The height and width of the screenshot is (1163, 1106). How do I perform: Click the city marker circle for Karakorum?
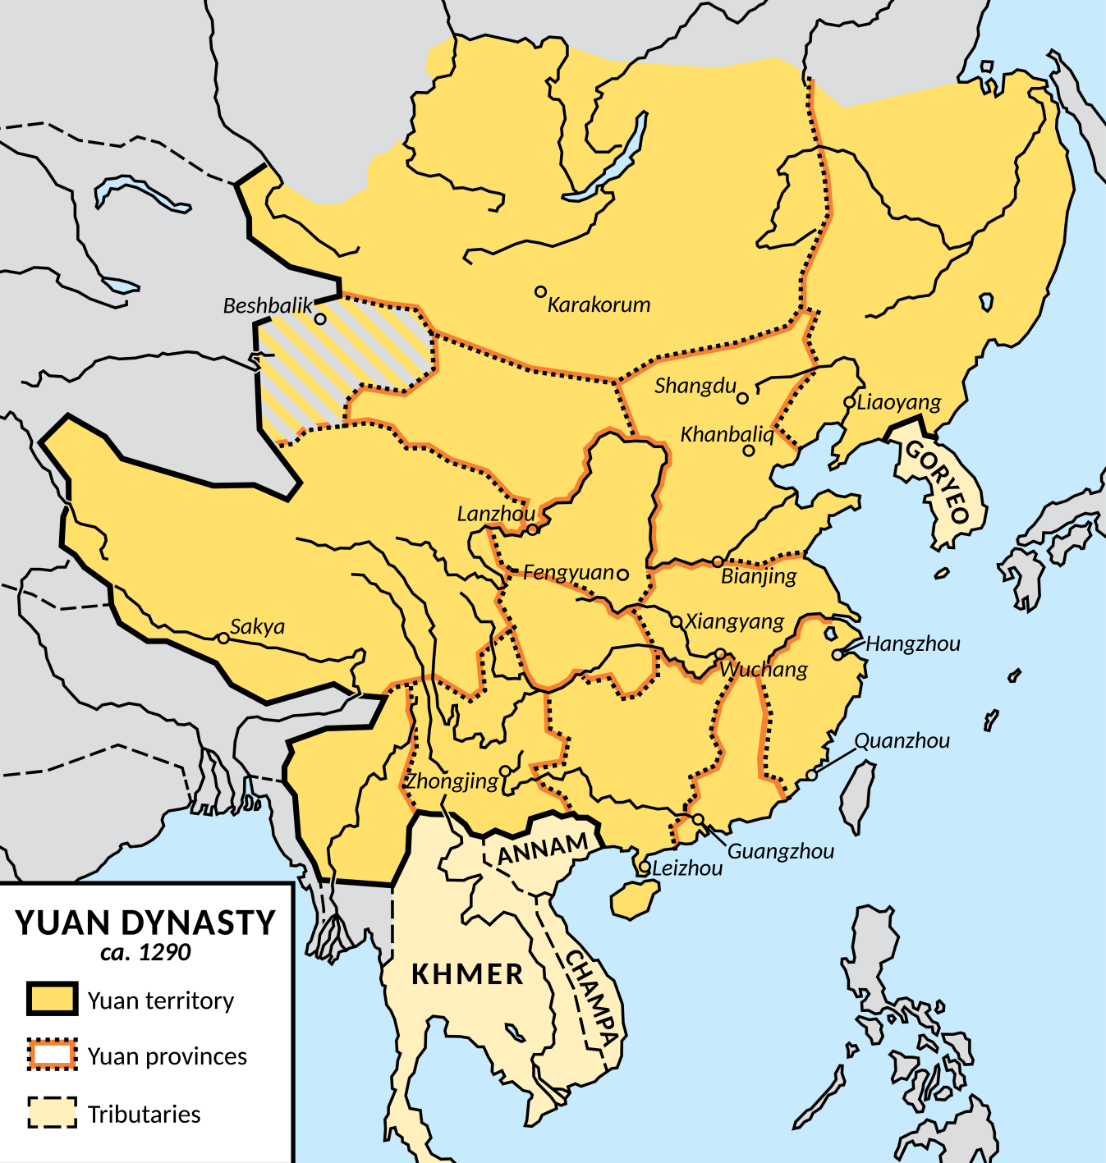tap(540, 292)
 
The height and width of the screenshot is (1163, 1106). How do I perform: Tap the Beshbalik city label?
tap(268, 306)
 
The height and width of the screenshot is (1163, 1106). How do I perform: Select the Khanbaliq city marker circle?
tap(749, 451)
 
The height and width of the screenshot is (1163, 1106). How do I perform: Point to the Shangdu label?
tap(695, 386)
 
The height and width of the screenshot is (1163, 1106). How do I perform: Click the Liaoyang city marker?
tap(849, 402)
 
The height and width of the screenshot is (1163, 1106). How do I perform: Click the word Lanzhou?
tap(496, 515)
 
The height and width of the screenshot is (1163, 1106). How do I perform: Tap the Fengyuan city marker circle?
tap(622, 575)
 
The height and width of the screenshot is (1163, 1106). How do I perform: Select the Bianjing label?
tap(759, 576)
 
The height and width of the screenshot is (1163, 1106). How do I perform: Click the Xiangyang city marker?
tap(677, 622)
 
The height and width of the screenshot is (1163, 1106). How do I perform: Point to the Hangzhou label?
tap(912, 644)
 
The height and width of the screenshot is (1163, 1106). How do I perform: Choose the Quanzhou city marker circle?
tap(811, 775)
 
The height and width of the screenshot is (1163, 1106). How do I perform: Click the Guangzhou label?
tap(780, 852)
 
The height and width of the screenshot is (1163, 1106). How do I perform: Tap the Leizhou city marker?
tap(645, 868)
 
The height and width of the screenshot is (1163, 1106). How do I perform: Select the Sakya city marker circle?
tap(223, 638)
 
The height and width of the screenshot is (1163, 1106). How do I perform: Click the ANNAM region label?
tap(543, 849)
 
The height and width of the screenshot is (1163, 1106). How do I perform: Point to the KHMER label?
tap(467, 975)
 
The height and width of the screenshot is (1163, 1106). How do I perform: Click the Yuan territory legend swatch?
tap(53, 999)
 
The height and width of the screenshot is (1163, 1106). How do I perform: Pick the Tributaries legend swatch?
tap(53, 1113)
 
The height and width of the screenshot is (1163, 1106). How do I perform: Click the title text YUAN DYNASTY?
tap(145, 923)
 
